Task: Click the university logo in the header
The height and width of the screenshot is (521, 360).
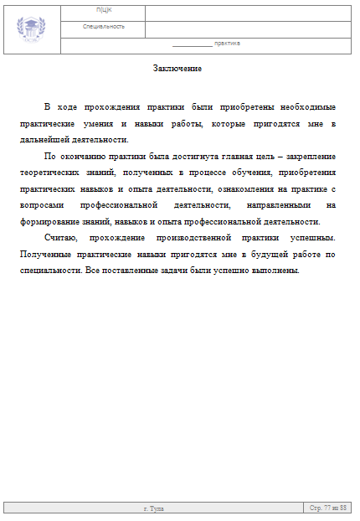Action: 32,28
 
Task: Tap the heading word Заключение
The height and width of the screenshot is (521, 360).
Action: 177,69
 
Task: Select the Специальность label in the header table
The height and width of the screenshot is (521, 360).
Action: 104,27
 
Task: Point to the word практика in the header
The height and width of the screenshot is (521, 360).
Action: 227,43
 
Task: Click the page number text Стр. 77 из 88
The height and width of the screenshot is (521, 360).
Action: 328,508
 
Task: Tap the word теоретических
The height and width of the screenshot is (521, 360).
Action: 51,173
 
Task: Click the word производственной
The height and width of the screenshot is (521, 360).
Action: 213,238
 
